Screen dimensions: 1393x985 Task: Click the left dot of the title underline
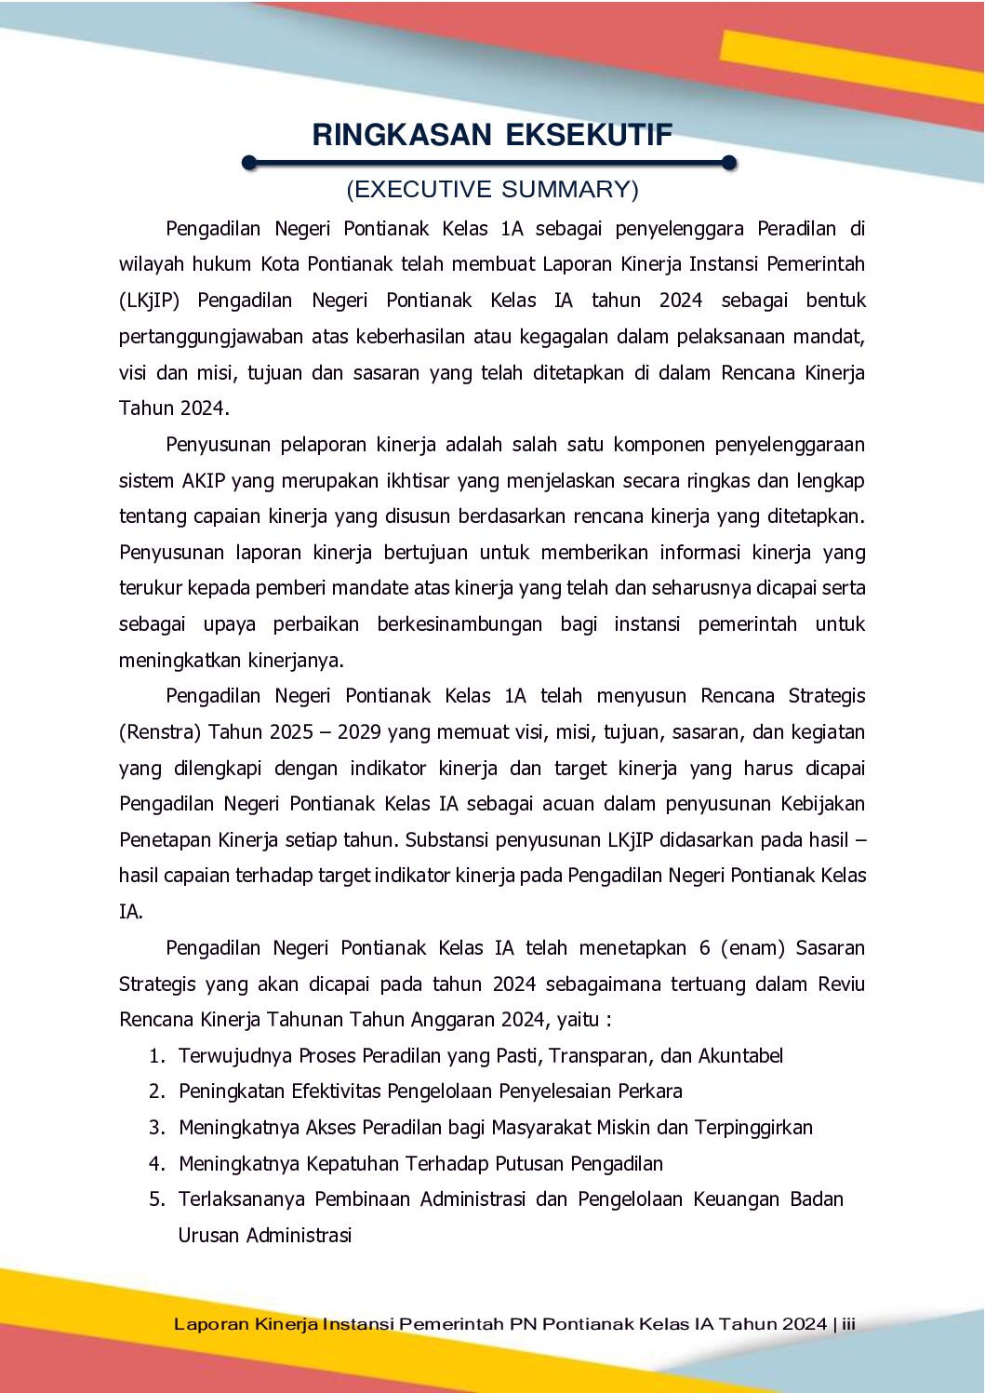pos(248,164)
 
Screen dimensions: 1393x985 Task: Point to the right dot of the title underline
pos(729,164)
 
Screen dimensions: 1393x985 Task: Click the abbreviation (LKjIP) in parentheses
pos(149,301)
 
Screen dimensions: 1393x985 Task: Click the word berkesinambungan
pos(459,624)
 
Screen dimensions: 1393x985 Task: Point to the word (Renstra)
pos(160,732)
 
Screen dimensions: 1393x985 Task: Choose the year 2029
pos(359,732)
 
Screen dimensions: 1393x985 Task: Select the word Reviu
pos(842,984)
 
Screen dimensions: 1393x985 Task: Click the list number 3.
pos(156,1128)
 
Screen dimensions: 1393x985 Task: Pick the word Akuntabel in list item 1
pos(740,1056)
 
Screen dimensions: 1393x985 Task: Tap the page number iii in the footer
pos(848,1324)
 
